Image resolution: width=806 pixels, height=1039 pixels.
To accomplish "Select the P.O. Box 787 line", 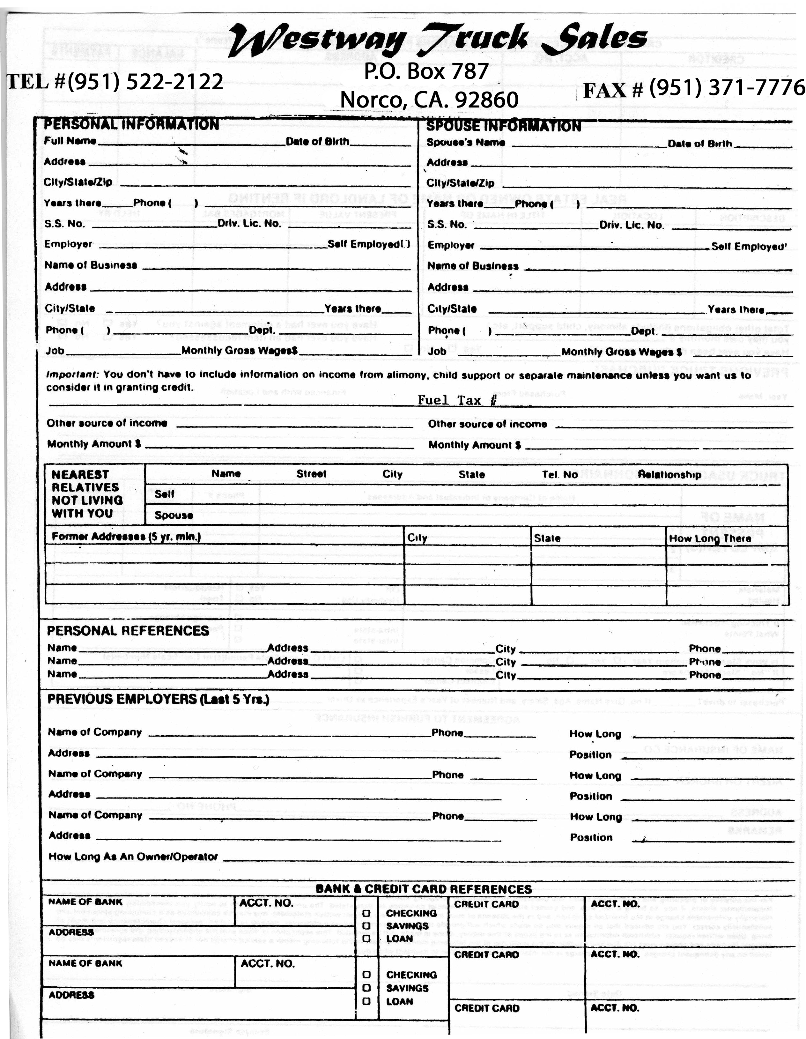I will click(x=426, y=71).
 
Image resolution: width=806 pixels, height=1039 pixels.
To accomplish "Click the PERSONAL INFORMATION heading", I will click(x=131, y=125).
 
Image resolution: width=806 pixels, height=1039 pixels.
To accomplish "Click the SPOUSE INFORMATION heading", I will click(x=503, y=126).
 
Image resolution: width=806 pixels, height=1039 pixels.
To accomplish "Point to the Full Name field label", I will click(x=70, y=141).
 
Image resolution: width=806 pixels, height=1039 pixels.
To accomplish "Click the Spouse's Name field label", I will click(x=466, y=142).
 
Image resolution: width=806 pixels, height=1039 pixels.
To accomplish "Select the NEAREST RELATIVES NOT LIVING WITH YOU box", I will click(x=86, y=494).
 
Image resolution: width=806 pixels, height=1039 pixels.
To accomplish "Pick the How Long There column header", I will click(x=710, y=538).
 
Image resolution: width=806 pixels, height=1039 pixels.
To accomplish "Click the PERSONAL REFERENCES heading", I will click(x=128, y=631).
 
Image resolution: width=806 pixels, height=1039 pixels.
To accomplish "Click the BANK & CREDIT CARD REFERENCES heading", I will click(x=424, y=889).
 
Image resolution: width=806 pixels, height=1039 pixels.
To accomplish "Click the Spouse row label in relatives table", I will click(x=174, y=515).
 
